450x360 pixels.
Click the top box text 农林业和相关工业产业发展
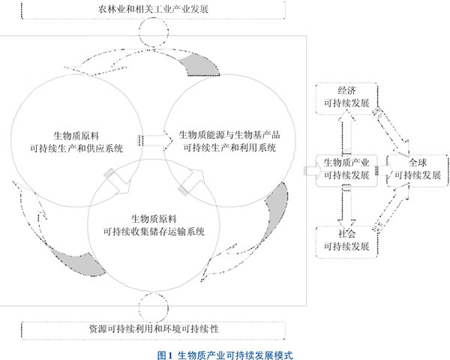click(x=153, y=9)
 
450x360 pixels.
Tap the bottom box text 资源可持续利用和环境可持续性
click(x=154, y=329)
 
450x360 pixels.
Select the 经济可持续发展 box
click(x=346, y=98)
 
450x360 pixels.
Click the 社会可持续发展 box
click(x=346, y=241)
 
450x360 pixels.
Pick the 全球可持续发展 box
click(x=418, y=170)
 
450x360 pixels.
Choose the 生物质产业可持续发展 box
click(x=346, y=170)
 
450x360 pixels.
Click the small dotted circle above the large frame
click(x=154, y=32)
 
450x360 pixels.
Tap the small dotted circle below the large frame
click(x=154, y=307)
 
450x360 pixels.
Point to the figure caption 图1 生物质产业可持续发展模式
click(x=225, y=355)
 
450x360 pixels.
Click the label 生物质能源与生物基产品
click(x=229, y=135)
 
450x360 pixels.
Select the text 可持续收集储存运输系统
click(x=154, y=232)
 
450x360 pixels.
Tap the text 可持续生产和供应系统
click(x=76, y=148)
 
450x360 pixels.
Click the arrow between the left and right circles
click(x=155, y=140)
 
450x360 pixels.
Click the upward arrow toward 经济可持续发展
click(x=346, y=132)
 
